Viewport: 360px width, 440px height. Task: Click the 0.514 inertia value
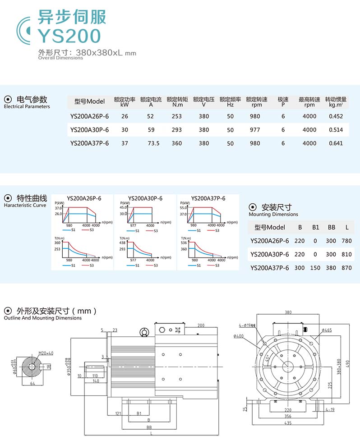tap(336, 130)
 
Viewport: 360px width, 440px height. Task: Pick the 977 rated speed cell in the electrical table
tap(255, 130)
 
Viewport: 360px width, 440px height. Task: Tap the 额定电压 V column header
tap(204, 101)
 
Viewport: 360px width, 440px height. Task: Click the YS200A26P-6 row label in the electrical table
tap(89, 116)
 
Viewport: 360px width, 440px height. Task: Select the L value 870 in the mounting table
tap(346, 268)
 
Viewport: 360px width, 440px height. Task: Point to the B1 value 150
tap(315, 268)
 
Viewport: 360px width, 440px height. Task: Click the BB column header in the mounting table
tap(332, 227)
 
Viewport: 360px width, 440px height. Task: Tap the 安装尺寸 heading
tap(277, 207)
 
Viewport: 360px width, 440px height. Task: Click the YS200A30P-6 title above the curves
tap(145, 198)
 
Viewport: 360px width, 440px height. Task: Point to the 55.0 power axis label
tap(184, 208)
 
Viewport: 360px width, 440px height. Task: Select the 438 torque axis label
tap(122, 243)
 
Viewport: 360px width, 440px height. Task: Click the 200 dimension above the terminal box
tap(201, 325)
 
